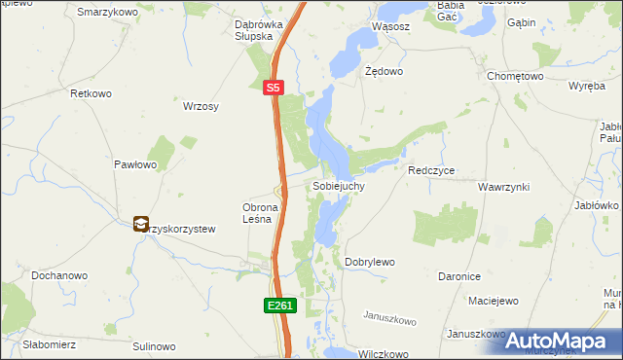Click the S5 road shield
pos(275,88)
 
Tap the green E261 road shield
pos(279,306)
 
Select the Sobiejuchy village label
pos(339,185)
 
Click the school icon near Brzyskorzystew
pos(142,224)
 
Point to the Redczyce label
pos(432,170)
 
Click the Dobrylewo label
pos(370,263)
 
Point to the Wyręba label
pos(587,86)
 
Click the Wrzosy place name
pos(201,106)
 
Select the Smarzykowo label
pos(104,11)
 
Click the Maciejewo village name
pos(493,301)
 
